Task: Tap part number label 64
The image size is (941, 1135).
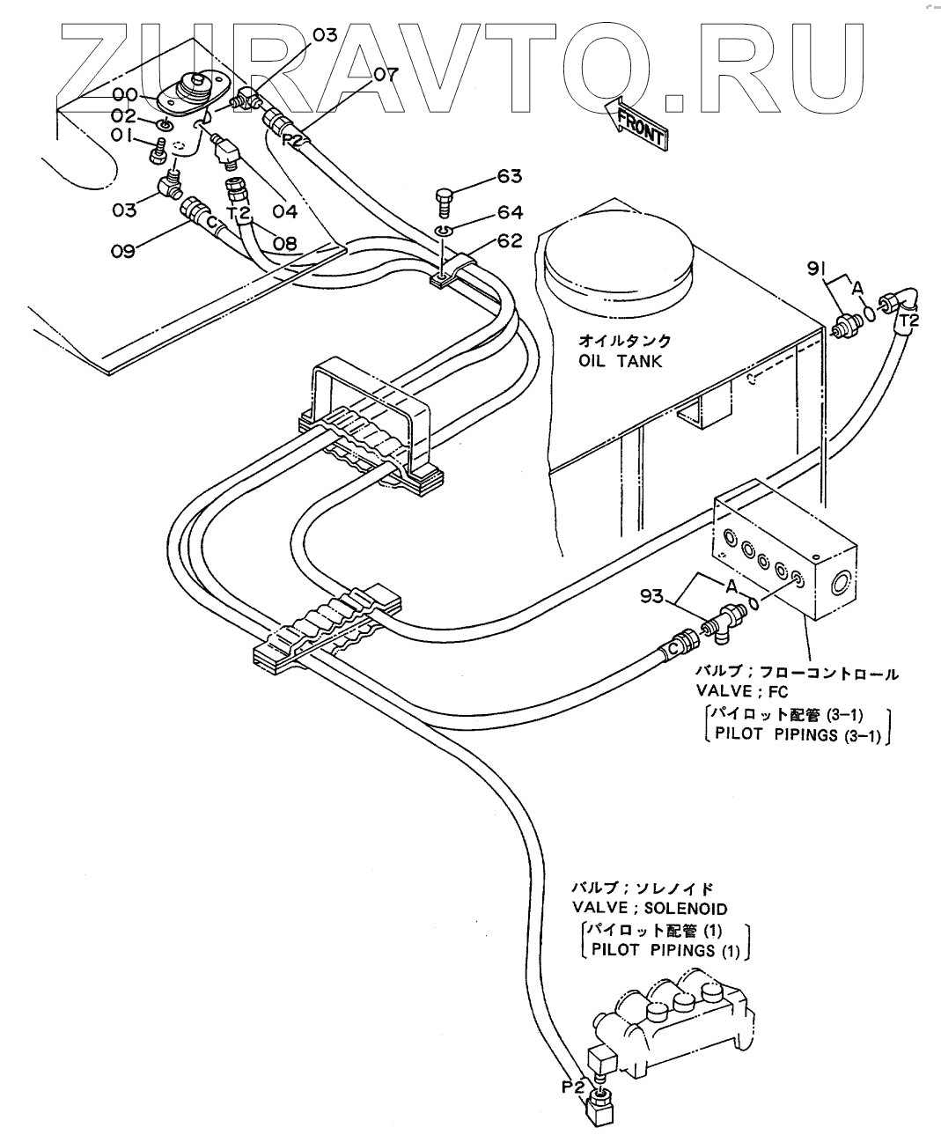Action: tap(510, 212)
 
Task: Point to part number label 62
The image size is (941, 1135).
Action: tap(510, 240)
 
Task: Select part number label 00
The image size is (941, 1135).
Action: tap(124, 94)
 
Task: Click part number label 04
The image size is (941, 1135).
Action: tap(285, 211)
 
